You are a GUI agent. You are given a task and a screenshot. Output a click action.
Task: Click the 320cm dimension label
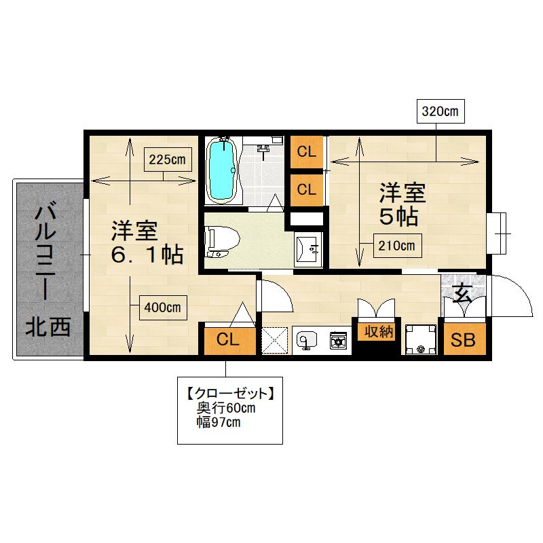[440, 111]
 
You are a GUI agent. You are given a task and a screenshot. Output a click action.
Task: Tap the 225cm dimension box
[168, 160]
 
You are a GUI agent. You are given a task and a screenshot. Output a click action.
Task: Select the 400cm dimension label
[163, 307]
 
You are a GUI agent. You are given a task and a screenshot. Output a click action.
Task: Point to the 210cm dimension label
[397, 246]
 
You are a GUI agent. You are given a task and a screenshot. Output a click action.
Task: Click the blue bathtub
[221, 170]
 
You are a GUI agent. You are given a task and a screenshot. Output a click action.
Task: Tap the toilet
[222, 241]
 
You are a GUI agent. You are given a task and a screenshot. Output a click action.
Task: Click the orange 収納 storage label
[378, 332]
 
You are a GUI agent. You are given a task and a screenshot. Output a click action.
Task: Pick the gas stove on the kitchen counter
[338, 341]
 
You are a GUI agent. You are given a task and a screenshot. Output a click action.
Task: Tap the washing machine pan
[421, 339]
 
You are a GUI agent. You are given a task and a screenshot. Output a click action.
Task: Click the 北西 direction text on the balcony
[48, 326]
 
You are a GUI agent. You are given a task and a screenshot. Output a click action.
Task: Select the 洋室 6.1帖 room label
[147, 242]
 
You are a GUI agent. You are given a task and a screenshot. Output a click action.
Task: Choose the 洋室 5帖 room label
[402, 205]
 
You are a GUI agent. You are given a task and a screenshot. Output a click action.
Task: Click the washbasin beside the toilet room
[308, 249]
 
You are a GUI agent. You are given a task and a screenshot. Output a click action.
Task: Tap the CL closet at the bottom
[228, 339]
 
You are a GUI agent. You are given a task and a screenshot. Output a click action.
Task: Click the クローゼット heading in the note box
[230, 394]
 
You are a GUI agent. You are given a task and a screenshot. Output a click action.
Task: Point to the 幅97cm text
[219, 422]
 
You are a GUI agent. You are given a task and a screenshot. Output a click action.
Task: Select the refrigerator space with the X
[275, 341]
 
